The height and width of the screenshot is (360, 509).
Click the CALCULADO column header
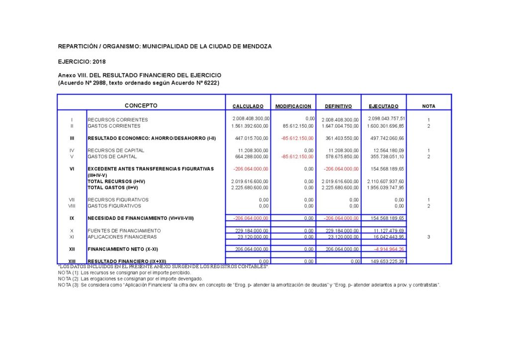pos(248,106)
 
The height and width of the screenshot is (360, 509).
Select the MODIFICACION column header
pos(293,106)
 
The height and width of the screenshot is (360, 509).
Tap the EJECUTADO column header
pos(384,106)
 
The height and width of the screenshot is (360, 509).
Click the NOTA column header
pos(428,106)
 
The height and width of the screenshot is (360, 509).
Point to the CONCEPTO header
pos(141,105)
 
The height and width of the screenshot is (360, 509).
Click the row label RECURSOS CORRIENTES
pos(118,120)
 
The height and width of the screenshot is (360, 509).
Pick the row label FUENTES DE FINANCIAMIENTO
pos(124,231)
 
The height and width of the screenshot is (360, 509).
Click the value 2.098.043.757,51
pos(387,118)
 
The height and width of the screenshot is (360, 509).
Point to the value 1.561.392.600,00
pos(250,126)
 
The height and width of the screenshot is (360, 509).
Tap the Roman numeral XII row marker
pos(72,249)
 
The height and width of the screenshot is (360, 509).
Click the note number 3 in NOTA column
pos(428,237)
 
